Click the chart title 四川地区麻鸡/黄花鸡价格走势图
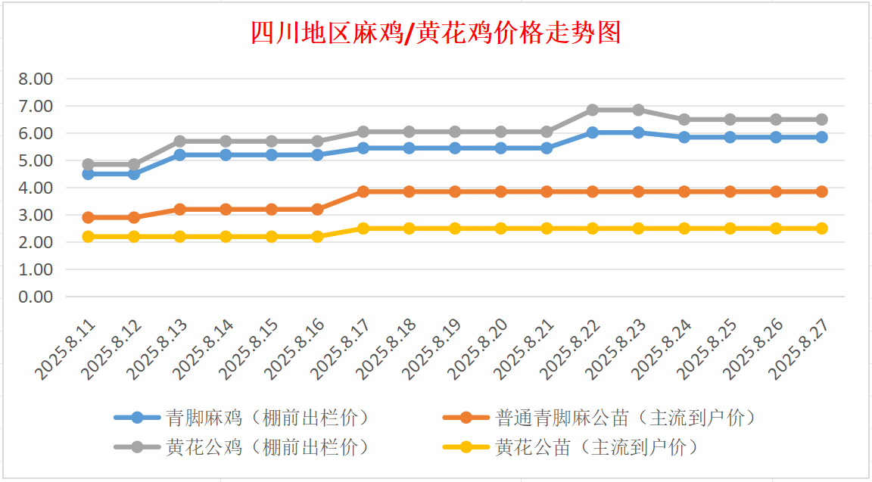pyautogui.click(x=436, y=33)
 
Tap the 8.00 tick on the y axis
pyautogui.click(x=36, y=79)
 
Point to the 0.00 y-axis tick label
pyautogui.click(x=36, y=297)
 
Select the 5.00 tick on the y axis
pyautogui.click(x=36, y=160)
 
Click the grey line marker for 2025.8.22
pyautogui.click(x=593, y=110)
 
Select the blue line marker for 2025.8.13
pyautogui.click(x=180, y=154)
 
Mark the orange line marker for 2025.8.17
pyautogui.click(x=363, y=191)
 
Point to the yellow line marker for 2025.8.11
pyautogui.click(x=89, y=236)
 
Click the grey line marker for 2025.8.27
pyautogui.click(x=821, y=120)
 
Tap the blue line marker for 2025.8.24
pyautogui.click(x=684, y=137)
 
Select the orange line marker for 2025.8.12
pyautogui.click(x=134, y=217)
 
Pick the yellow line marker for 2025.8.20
pyautogui.click(x=501, y=228)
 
